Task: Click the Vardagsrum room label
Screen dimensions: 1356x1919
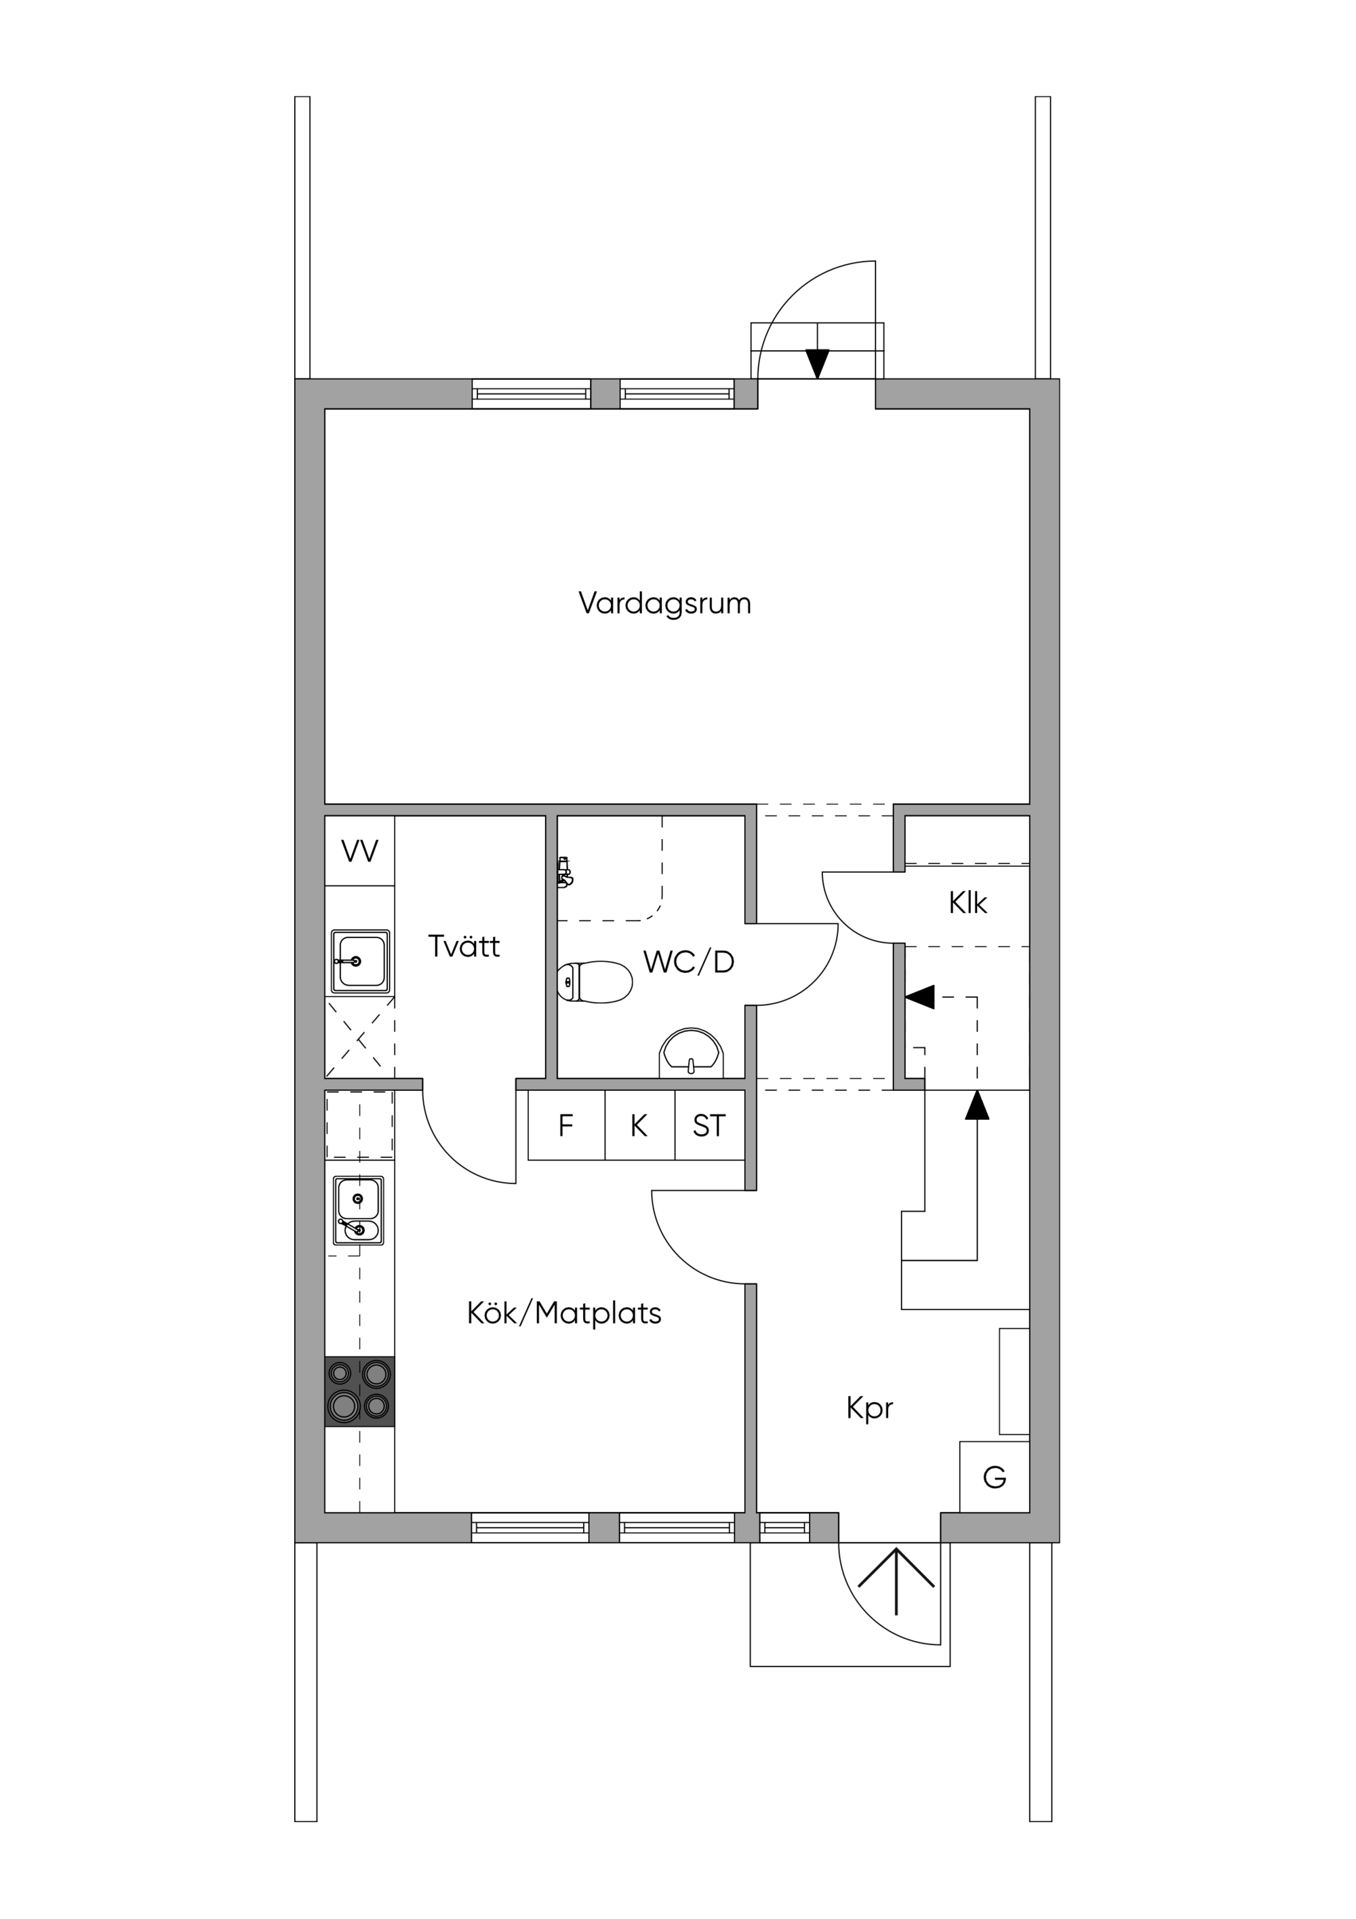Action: coord(665,604)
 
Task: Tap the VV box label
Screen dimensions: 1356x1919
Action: coord(359,852)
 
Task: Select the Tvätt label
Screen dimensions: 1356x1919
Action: coord(464,946)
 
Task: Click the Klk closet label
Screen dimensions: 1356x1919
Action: coord(968,903)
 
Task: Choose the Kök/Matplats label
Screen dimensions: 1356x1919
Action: coord(564,1313)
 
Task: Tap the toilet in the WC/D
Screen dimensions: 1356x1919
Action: coord(595,982)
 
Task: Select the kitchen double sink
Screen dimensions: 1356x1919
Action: coord(359,1210)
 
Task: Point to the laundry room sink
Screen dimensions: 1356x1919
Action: coord(361,961)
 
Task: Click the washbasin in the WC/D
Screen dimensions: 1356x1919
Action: coord(691,1053)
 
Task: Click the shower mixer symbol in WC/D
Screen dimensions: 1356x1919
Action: coord(565,872)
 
